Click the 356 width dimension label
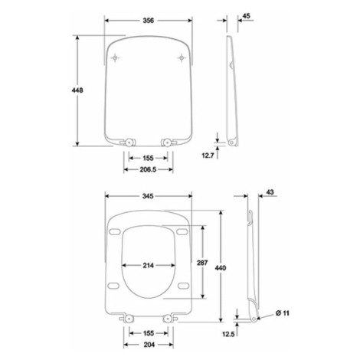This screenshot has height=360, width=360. (149, 21)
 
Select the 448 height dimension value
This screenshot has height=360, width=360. (77, 90)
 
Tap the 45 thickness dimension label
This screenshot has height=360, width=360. (246, 16)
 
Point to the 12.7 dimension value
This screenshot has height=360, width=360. (208, 155)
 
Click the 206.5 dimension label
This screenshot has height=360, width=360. (148, 169)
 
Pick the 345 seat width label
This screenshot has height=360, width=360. (148, 196)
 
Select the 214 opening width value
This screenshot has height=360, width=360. (149, 266)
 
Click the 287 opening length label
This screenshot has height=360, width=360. (202, 263)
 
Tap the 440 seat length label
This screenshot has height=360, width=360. (221, 268)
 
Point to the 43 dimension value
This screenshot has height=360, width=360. (270, 192)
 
